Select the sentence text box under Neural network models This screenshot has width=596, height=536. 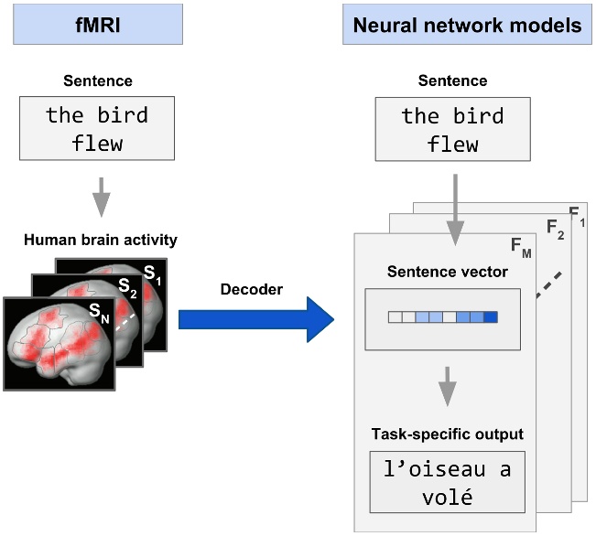(x=452, y=129)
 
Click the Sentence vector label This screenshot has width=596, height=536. (x=444, y=272)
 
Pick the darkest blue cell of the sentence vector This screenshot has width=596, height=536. (x=491, y=317)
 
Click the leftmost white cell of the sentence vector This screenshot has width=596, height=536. (x=395, y=317)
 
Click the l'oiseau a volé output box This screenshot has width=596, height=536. (x=448, y=483)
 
